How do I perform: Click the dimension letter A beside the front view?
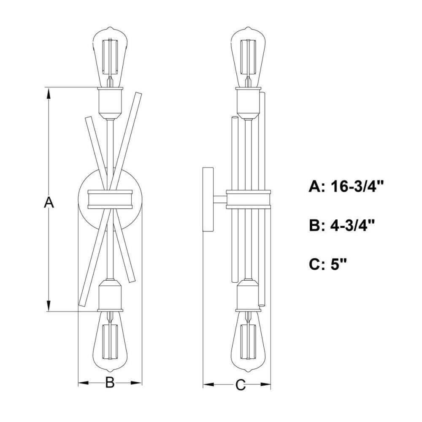tap(49, 203)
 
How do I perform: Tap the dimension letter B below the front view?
tap(110, 382)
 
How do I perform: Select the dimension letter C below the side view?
tap(241, 385)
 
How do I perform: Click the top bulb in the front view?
tap(110, 57)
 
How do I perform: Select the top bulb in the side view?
tap(248, 57)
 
